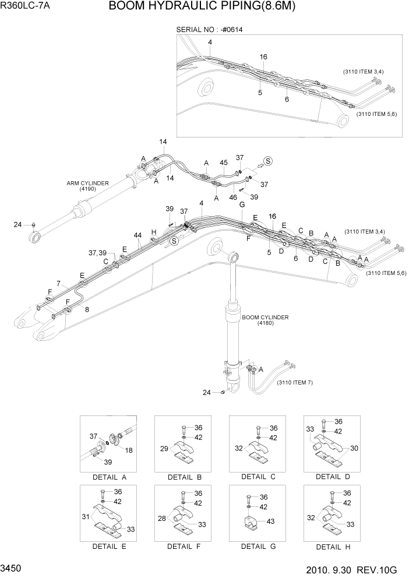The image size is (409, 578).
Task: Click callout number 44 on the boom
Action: (137, 235)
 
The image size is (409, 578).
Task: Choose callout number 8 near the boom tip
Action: (87, 309)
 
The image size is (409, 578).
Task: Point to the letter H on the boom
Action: (153, 232)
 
